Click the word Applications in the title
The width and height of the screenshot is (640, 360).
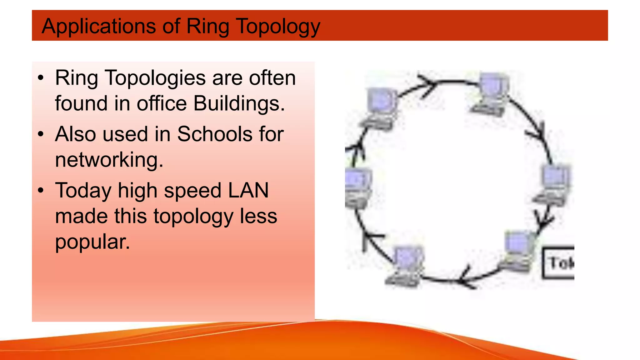point(99,26)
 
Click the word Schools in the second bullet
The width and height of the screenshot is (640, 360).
point(215,134)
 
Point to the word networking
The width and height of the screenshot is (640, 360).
point(109,160)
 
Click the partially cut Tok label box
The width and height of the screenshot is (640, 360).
point(559,263)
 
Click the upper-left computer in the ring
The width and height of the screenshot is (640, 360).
point(380,108)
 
